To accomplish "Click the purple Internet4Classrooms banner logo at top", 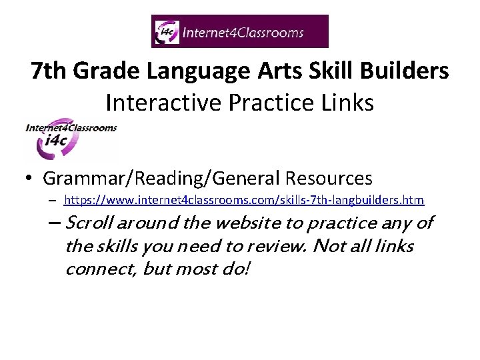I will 240,31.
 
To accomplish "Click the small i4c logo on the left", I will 70,139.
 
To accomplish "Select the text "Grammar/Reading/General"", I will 161,179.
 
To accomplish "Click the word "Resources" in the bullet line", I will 329,179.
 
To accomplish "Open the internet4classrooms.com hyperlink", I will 244,200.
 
